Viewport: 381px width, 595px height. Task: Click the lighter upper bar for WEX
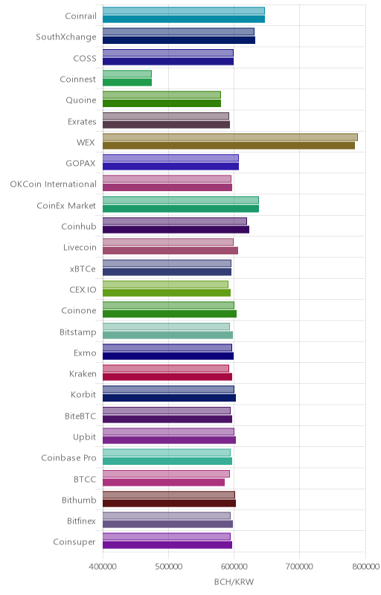pos(230,137)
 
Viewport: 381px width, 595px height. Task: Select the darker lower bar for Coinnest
pos(127,83)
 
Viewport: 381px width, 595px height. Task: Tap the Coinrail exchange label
pos(81,16)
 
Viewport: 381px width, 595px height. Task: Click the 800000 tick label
pos(365,567)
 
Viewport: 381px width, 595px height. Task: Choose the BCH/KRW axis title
pos(234,582)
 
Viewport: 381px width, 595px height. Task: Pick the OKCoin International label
pos(54,184)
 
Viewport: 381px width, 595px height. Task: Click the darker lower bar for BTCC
pos(164,482)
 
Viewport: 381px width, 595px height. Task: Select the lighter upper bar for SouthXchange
pos(179,32)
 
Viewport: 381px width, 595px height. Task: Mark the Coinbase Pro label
pos(68,458)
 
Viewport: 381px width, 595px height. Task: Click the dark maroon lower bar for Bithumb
pos(169,504)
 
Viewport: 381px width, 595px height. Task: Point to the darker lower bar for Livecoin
pos(170,251)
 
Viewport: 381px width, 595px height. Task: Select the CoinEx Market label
pos(66,206)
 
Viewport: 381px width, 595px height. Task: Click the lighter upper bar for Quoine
pos(161,95)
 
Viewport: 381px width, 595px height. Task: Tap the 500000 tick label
pos(168,567)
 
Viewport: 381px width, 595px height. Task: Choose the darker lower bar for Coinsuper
pos(167,545)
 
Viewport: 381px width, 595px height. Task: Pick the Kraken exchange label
pos(83,374)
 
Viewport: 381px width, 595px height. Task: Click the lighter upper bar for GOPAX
pos(170,158)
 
